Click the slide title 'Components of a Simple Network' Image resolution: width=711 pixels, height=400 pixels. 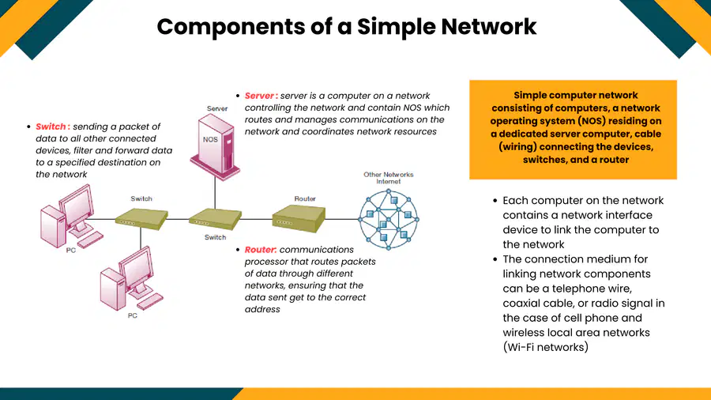[x=347, y=27]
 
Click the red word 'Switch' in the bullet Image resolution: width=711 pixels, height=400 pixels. [x=51, y=126]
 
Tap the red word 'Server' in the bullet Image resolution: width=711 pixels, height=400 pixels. [x=259, y=96]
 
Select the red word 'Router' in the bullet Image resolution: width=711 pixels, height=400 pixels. [x=260, y=250]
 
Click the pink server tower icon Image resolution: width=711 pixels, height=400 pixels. [x=215, y=146]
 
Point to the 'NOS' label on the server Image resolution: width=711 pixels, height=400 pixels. [x=210, y=140]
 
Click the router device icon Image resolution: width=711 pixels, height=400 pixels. [x=299, y=218]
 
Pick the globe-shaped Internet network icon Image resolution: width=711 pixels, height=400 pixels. [x=389, y=220]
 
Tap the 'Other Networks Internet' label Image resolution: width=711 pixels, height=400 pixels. [x=389, y=178]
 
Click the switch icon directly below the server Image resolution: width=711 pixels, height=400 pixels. [x=215, y=220]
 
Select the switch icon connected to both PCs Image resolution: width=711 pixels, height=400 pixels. [x=141, y=220]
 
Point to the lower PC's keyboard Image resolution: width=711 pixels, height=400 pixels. [x=149, y=301]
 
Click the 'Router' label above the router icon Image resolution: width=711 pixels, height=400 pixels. [x=305, y=198]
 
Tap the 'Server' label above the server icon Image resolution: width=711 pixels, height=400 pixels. [x=217, y=108]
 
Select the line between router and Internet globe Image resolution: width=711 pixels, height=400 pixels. [x=342, y=220]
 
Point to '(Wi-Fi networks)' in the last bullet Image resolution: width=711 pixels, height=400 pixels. [x=545, y=347]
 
